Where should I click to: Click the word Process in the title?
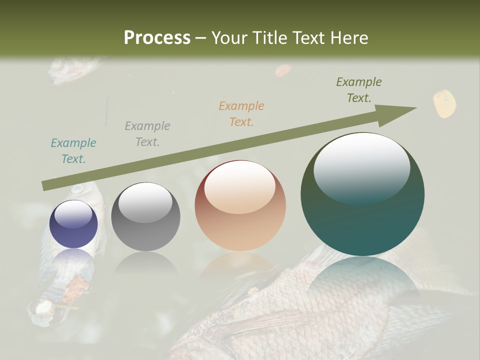(x=157, y=37)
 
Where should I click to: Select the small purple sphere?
(x=73, y=224)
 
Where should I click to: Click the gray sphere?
(x=145, y=217)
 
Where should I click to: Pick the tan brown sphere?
(x=240, y=206)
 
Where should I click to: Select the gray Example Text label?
(x=147, y=134)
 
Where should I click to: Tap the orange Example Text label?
(x=241, y=113)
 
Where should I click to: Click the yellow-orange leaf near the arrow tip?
(x=444, y=103)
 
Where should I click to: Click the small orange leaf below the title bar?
(x=282, y=70)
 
